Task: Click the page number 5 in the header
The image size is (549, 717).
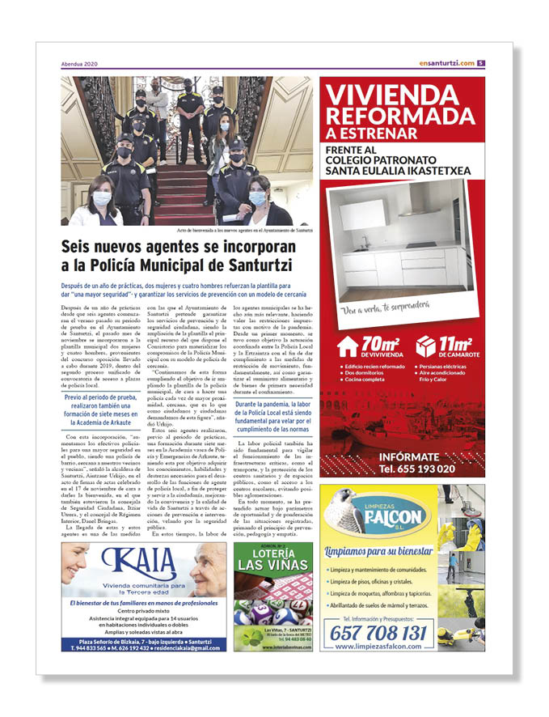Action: [x=480, y=64]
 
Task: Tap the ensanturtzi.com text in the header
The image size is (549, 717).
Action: [x=446, y=64]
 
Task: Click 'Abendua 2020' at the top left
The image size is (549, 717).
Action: [x=79, y=65]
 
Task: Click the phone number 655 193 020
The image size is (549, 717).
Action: [x=416, y=469]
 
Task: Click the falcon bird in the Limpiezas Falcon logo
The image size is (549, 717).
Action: [x=344, y=507]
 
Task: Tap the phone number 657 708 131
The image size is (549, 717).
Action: [x=380, y=632]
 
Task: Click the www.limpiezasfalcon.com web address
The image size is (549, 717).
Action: [x=379, y=647]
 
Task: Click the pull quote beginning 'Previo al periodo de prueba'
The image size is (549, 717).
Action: [x=101, y=411]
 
